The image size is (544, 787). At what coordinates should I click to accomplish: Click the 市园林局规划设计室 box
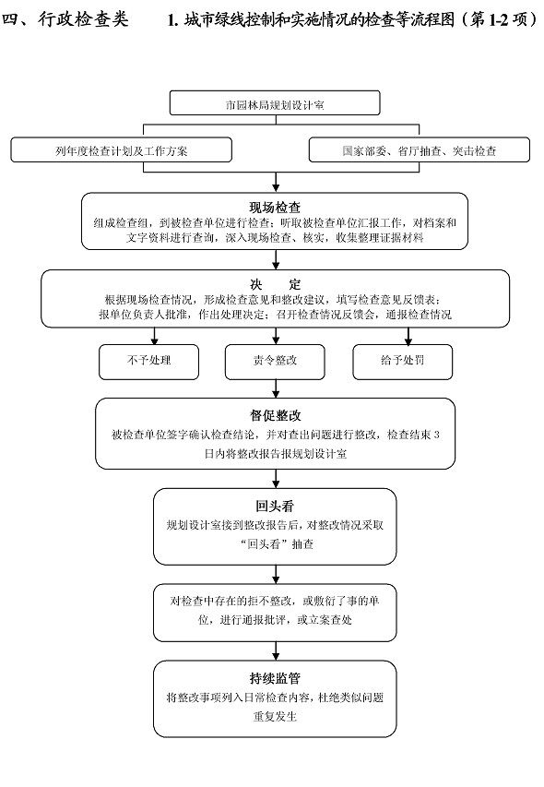[275, 103]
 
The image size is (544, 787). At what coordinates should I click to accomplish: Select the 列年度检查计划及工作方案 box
[122, 150]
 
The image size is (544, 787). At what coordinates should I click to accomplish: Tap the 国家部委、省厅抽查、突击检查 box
[420, 150]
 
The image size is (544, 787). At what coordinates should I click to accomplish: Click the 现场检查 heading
[275, 207]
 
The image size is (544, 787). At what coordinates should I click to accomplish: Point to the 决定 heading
[276, 284]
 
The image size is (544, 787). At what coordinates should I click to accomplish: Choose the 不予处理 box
[149, 362]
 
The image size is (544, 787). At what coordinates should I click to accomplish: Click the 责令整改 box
[275, 362]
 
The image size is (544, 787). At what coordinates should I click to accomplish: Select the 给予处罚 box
[403, 362]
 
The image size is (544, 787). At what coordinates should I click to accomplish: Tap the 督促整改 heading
[276, 415]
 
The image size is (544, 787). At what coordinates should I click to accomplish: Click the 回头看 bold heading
[275, 506]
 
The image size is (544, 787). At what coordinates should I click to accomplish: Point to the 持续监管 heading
[276, 678]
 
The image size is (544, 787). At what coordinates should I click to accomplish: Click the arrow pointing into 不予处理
[154, 336]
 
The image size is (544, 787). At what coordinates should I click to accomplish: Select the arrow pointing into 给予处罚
[408, 336]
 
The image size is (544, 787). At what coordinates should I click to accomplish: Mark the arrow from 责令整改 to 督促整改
[276, 388]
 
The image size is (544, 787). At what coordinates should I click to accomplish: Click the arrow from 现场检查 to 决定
[276, 259]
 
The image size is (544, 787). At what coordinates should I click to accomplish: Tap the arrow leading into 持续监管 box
[276, 651]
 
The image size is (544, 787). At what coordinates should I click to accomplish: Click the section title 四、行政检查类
[65, 19]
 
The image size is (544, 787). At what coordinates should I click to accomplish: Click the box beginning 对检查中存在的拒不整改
[275, 613]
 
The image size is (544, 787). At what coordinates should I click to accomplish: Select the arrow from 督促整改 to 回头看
[276, 479]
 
